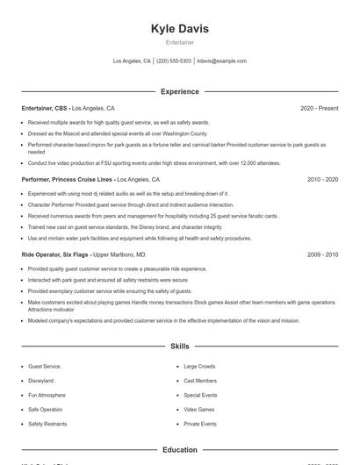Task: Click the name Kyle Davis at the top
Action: coord(180,29)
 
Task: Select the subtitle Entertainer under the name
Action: coord(180,42)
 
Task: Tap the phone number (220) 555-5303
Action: coord(174,61)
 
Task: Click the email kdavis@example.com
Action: coord(222,61)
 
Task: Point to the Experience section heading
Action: coord(180,91)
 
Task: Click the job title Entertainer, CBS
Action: coord(44,108)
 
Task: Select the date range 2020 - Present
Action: coord(319,108)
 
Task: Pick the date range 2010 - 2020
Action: coord(322,179)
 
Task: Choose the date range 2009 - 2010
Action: coord(322,254)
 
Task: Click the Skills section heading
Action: coord(180,347)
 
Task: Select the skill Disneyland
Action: coord(41,381)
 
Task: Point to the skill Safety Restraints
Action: coord(47,424)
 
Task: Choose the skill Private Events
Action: coord(200,424)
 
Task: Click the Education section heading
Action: coord(180,450)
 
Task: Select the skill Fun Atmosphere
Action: coord(46,396)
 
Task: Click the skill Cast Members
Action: coord(201,381)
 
